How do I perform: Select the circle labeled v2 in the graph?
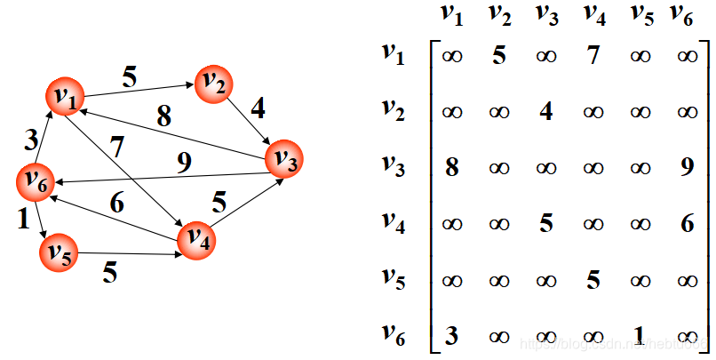214,84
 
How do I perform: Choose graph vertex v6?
36,181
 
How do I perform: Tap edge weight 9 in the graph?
184,162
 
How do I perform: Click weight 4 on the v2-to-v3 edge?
258,110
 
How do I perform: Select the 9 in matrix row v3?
687,167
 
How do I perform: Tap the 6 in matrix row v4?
687,223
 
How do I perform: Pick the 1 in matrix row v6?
640,335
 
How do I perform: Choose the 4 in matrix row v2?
546,112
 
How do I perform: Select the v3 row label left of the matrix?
392,164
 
